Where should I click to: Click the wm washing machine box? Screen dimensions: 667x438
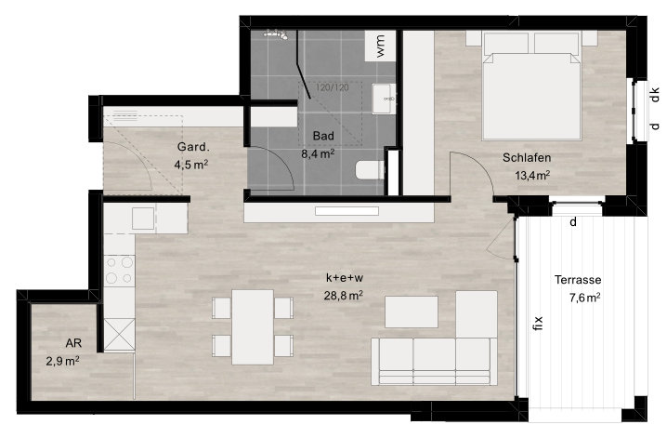click(380, 46)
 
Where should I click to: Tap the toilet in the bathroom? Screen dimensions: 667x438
click(370, 170)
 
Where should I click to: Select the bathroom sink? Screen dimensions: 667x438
click(384, 99)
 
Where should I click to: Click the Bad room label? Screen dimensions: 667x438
click(323, 136)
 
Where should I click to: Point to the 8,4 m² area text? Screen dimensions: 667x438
click(318, 153)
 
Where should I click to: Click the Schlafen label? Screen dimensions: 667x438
click(527, 157)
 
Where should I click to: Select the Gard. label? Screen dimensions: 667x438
click(193, 147)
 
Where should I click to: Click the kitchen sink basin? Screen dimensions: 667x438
click(143, 219)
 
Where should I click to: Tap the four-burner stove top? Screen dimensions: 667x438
click(120, 271)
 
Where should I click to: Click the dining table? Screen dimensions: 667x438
click(253, 327)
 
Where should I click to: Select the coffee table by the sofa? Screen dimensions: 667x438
click(412, 312)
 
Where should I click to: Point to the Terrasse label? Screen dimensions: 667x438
click(578, 280)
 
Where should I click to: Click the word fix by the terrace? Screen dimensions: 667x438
click(538, 324)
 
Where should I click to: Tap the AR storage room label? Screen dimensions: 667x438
click(73, 343)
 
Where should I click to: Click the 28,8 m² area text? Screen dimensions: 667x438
click(344, 295)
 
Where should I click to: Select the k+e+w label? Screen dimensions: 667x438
click(345, 278)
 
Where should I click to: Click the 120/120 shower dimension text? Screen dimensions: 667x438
click(332, 87)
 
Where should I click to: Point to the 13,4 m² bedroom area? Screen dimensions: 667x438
click(532, 175)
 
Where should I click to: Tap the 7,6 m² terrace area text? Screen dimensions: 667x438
click(585, 298)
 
